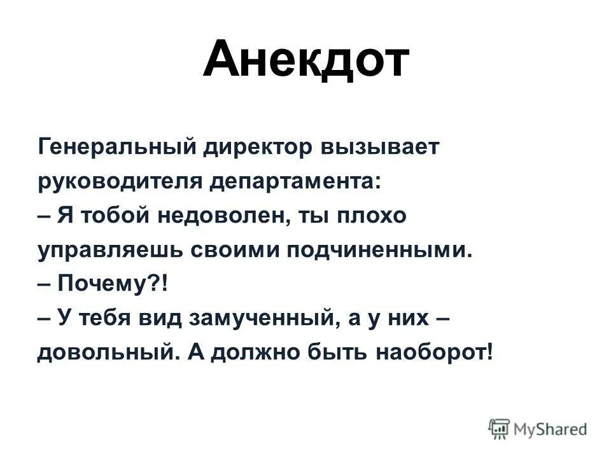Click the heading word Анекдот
tap(305, 59)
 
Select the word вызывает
tap(382, 148)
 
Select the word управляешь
tap(109, 251)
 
